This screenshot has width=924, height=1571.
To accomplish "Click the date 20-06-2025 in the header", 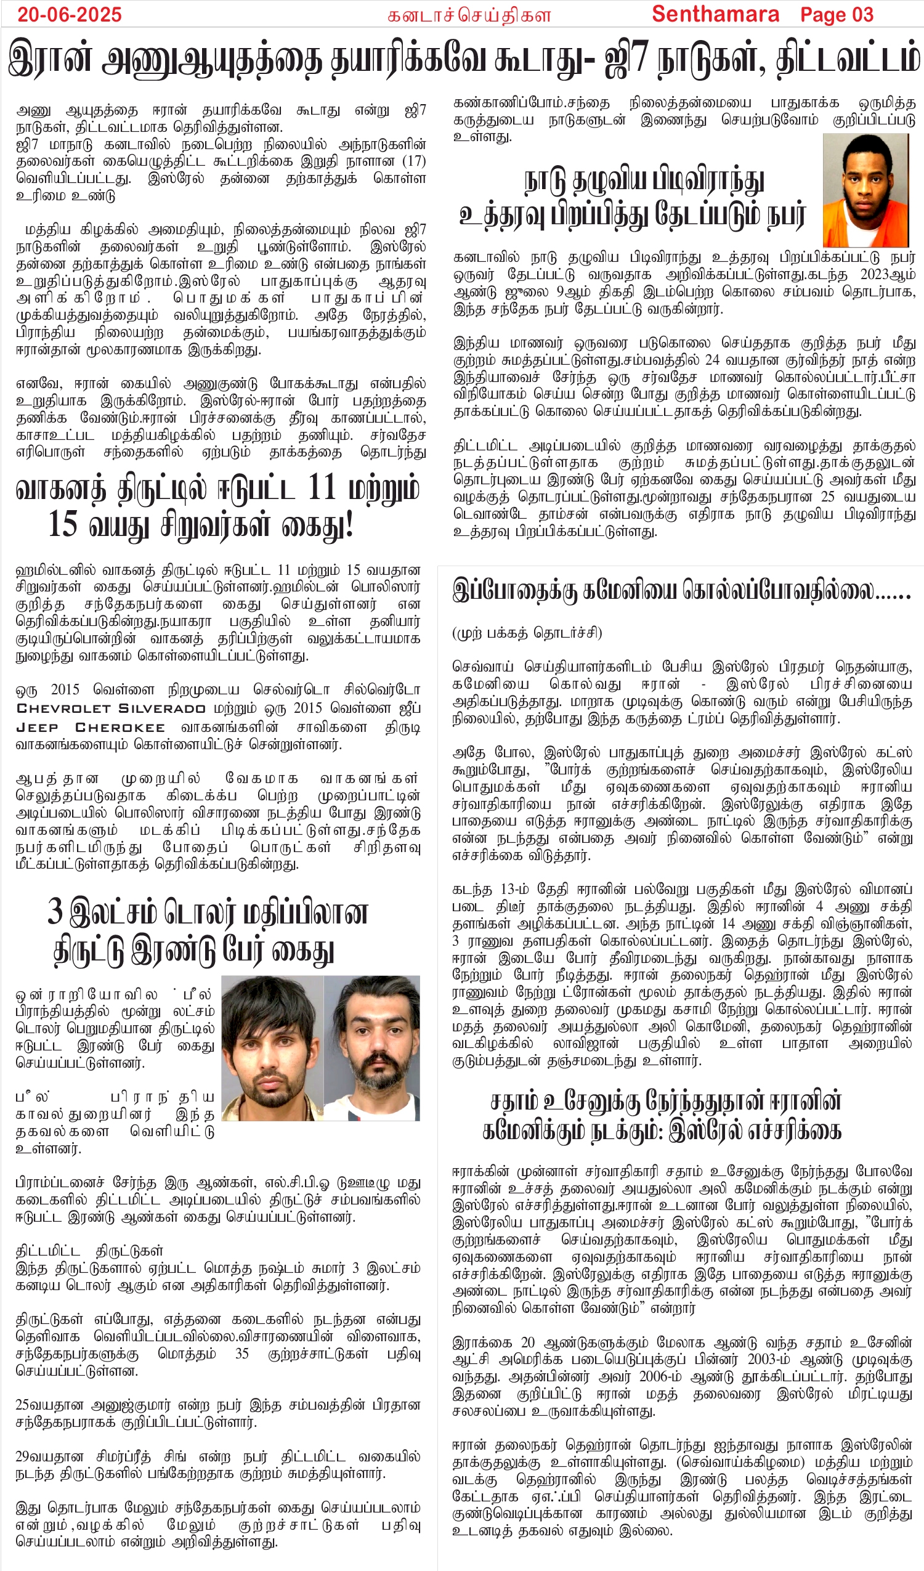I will pos(69,14).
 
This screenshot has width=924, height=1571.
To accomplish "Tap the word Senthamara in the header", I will pos(715,14).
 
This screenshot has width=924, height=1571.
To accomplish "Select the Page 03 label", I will pos(837,14).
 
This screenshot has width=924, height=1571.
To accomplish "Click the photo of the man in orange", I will pos(864,190).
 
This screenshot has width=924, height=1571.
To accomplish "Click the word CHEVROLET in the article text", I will pos(63,709).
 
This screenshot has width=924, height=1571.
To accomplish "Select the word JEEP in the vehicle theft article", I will pos(37,728).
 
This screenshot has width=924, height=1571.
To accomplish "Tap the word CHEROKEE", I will pos(120,728).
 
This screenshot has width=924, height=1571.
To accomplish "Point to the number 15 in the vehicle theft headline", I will pos(63,524).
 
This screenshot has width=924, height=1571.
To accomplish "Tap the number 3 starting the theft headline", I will pos(55,911).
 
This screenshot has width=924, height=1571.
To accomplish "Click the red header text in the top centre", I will pos(469,15).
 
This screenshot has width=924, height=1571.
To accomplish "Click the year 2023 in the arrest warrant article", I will pos(877,275).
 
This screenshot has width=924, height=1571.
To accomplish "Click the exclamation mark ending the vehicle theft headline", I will pos(349,524).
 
